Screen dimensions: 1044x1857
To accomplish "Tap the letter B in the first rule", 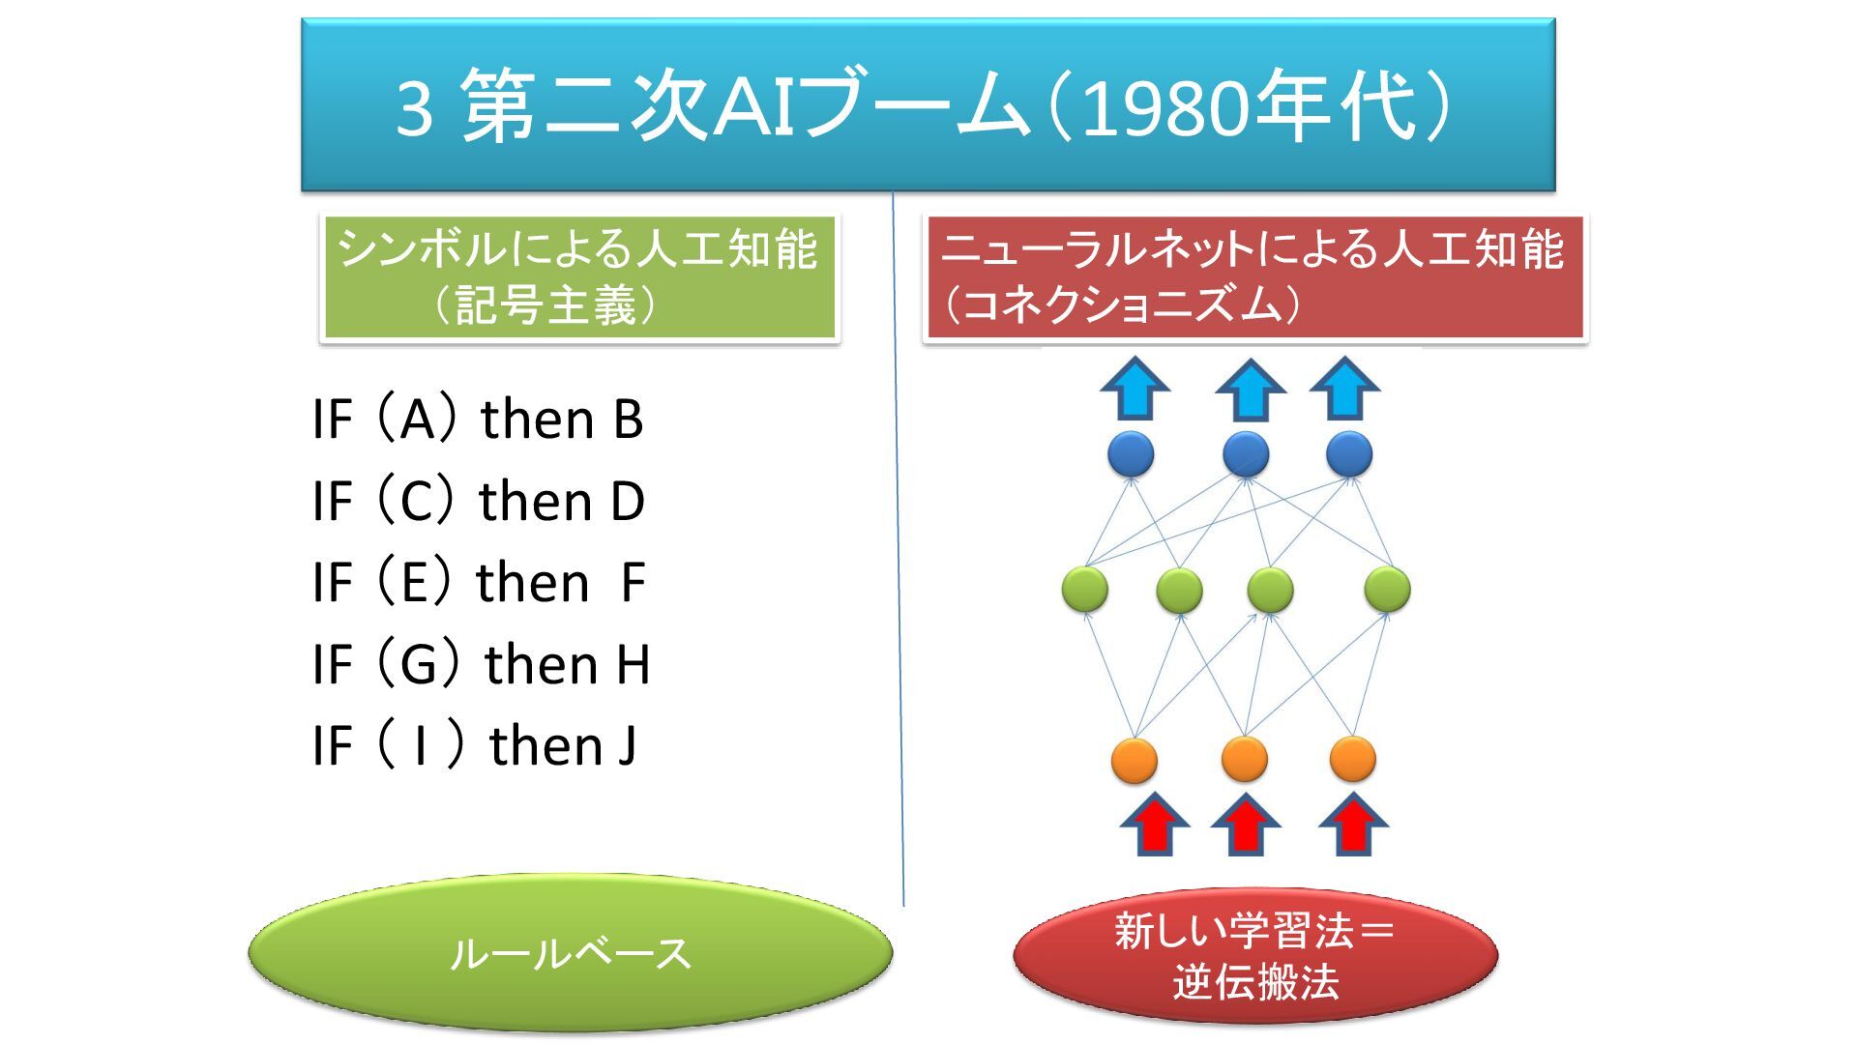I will coord(628,420).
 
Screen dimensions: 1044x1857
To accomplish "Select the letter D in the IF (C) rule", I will coord(628,502).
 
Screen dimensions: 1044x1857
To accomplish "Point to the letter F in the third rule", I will coord(633,583).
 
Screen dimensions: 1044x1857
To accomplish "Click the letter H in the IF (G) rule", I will coord(633,665).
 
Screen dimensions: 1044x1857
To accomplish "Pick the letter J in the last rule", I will coord(627,746).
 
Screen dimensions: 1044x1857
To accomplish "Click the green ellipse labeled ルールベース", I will coord(570,953).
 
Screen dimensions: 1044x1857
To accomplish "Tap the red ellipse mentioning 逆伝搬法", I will coord(1254,955).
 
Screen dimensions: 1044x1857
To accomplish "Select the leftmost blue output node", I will coord(1130,453).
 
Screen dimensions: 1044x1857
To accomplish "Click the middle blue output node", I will coord(1246,453).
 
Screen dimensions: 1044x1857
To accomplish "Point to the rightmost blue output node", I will coord(1348,453).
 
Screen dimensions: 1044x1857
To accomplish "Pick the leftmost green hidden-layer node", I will coord(1084,589).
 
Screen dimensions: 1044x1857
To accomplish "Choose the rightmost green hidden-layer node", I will coord(1387,589).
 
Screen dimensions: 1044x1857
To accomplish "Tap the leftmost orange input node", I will coord(1134,759).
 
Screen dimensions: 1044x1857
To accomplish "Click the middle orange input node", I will coord(1244,759).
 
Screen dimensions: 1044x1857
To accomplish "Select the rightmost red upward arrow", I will coord(1353,826).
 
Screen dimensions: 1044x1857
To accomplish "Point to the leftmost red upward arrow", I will coord(1154,826).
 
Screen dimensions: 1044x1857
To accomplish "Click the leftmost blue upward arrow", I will coord(1135,388).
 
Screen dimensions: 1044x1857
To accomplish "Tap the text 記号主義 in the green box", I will coord(545,305).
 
